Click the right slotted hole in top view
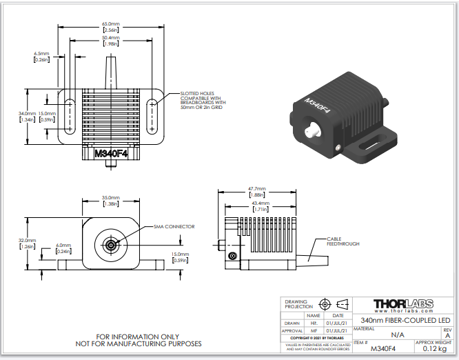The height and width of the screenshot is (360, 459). pos(153,115)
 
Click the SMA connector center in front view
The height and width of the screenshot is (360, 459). pos(110,245)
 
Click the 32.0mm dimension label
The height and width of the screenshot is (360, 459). pos(27,243)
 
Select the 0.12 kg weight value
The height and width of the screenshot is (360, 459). pos(433,349)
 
